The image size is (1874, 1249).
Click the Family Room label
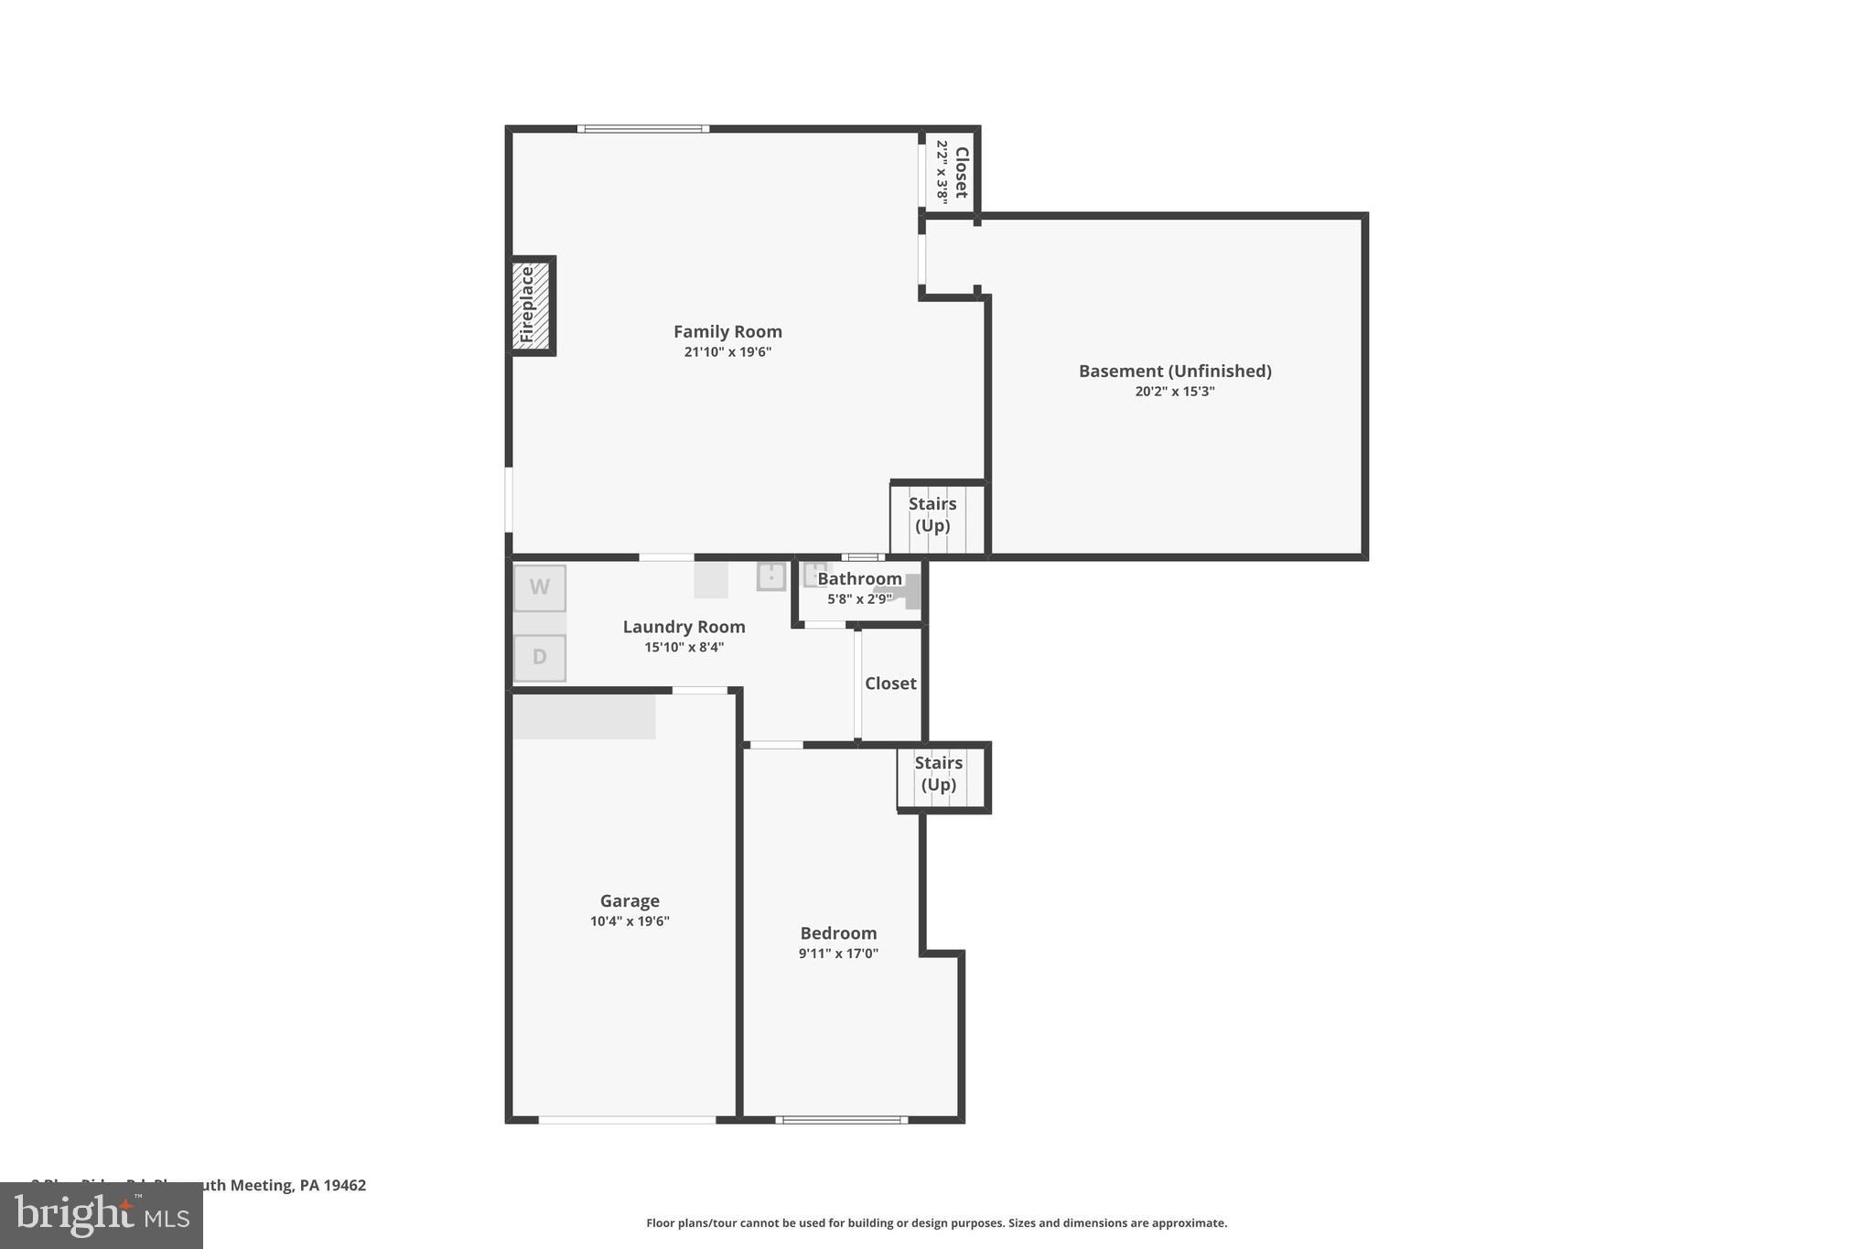[x=727, y=331]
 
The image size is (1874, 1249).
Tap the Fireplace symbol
[x=532, y=306]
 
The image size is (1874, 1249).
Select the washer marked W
[x=540, y=587]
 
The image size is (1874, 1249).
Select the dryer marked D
[x=540, y=657]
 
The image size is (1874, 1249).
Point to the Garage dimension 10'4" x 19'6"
[x=630, y=921]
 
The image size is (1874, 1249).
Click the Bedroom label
[x=838, y=933]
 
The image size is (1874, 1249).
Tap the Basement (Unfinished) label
[x=1175, y=371]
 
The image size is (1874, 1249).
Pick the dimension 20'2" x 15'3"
[x=1175, y=392]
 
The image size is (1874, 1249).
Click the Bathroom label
[x=859, y=579]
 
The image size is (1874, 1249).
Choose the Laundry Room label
[x=684, y=627]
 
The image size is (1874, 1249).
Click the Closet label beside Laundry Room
[x=890, y=684]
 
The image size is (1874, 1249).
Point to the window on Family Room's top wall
[x=643, y=129]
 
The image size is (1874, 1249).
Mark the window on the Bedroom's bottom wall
[x=842, y=1119]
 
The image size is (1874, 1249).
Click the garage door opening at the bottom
[x=627, y=1119]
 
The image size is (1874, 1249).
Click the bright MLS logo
[x=102, y=1215]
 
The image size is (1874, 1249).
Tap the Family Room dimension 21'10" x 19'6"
[x=727, y=352]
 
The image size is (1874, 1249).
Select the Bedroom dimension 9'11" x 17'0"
[x=838, y=953]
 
